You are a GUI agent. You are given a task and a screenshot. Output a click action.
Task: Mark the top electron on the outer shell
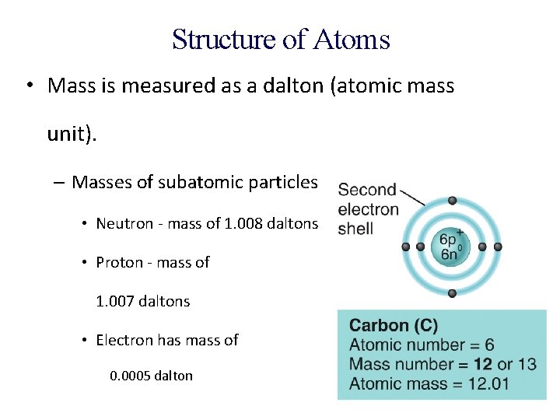click(x=452, y=201)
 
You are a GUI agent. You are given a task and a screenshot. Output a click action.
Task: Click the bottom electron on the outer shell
click(x=452, y=293)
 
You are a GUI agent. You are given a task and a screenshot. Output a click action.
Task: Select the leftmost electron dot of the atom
click(x=405, y=247)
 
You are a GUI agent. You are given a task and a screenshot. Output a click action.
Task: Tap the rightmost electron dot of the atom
click(x=498, y=247)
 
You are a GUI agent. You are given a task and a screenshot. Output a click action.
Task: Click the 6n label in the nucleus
click(x=450, y=254)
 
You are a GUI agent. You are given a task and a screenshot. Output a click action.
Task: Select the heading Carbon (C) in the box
click(x=394, y=326)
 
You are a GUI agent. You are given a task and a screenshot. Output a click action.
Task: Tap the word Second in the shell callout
click(x=367, y=191)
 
